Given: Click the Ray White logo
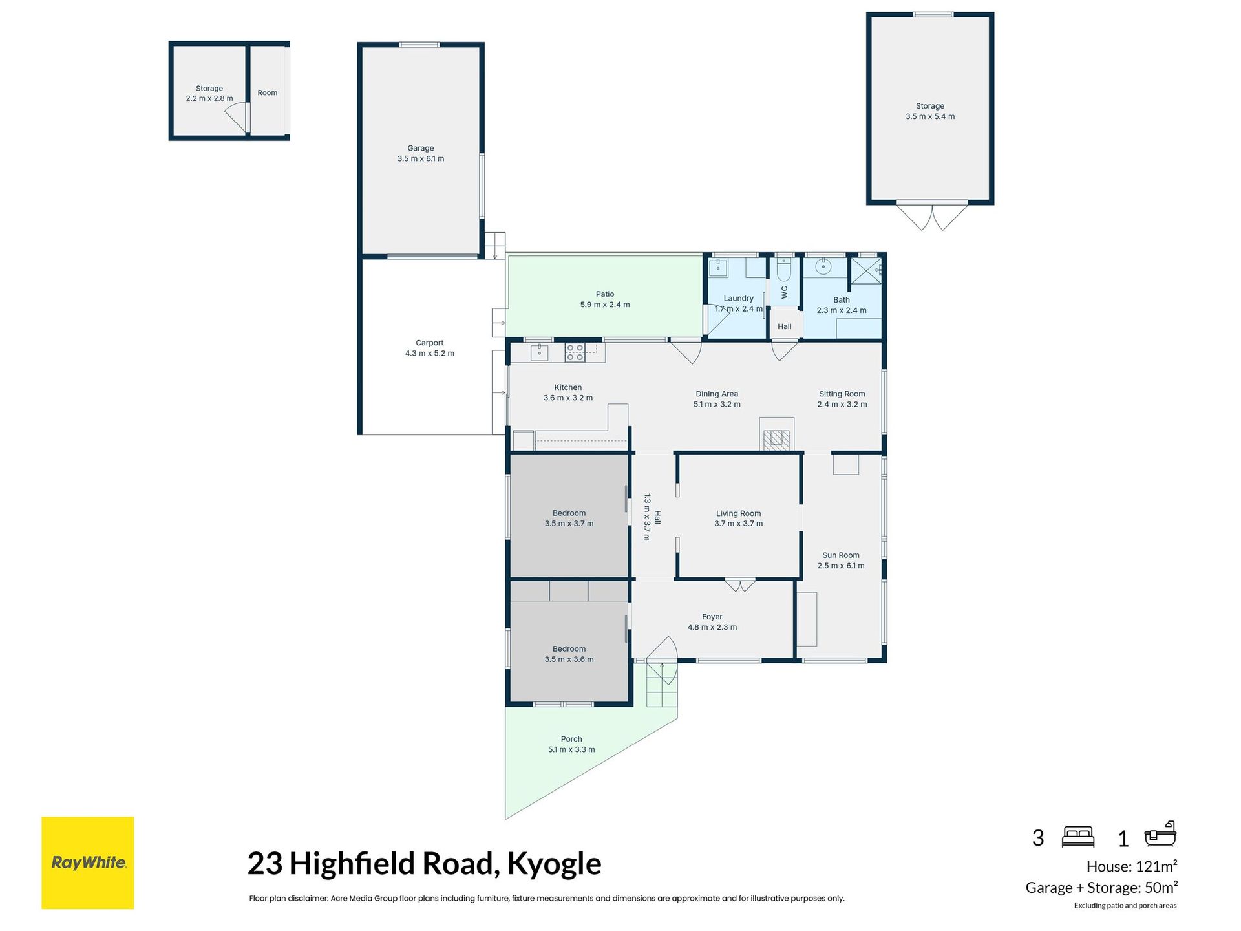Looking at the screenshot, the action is click(87, 862).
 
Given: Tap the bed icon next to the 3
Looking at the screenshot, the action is click(1078, 837).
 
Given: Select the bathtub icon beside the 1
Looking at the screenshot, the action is click(1160, 835).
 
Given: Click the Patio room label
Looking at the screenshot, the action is click(605, 294).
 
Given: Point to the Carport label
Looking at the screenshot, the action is click(430, 343).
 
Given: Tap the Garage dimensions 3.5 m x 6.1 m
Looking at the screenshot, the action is click(421, 159).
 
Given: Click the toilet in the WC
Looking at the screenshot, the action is click(784, 269).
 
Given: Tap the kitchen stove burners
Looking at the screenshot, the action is click(575, 352).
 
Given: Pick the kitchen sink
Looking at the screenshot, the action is click(539, 352).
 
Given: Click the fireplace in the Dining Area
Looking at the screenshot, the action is click(776, 434).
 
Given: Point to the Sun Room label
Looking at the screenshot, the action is click(841, 555).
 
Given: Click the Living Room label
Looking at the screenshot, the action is click(739, 513).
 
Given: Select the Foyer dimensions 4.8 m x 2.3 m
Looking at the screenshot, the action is click(712, 627).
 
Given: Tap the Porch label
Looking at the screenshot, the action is click(571, 739).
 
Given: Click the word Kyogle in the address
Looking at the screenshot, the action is click(554, 864).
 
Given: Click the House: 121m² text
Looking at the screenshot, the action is click(1132, 866).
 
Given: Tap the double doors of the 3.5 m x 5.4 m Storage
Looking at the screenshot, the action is click(931, 217).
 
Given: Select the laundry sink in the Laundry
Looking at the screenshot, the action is click(719, 268).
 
